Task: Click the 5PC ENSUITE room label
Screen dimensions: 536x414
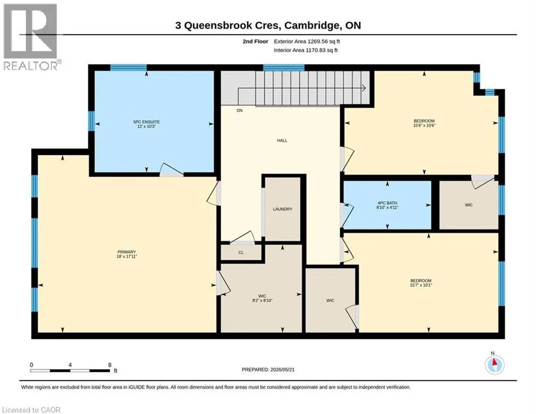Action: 146,122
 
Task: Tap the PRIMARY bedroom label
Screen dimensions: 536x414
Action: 127,252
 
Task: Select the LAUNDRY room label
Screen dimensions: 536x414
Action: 283,209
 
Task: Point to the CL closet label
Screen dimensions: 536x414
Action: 241,252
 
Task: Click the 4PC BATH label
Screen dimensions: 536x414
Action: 387,203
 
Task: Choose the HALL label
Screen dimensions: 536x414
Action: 282,140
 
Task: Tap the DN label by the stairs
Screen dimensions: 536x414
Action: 239,111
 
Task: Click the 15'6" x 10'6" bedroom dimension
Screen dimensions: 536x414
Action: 424,126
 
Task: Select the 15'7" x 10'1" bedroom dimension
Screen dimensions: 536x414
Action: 421,285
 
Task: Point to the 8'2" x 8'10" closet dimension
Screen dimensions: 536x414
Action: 262,300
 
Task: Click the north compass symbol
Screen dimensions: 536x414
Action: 494,364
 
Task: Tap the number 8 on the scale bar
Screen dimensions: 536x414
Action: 109,365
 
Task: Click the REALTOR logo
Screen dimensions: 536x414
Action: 31,37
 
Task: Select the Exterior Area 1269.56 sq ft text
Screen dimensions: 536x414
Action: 307,42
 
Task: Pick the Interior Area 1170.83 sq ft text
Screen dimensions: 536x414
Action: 306,50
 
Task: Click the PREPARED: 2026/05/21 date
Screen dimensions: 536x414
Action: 268,370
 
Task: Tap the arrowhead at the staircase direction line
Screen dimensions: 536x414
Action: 364,88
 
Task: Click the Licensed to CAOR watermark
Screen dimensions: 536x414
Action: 31,410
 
